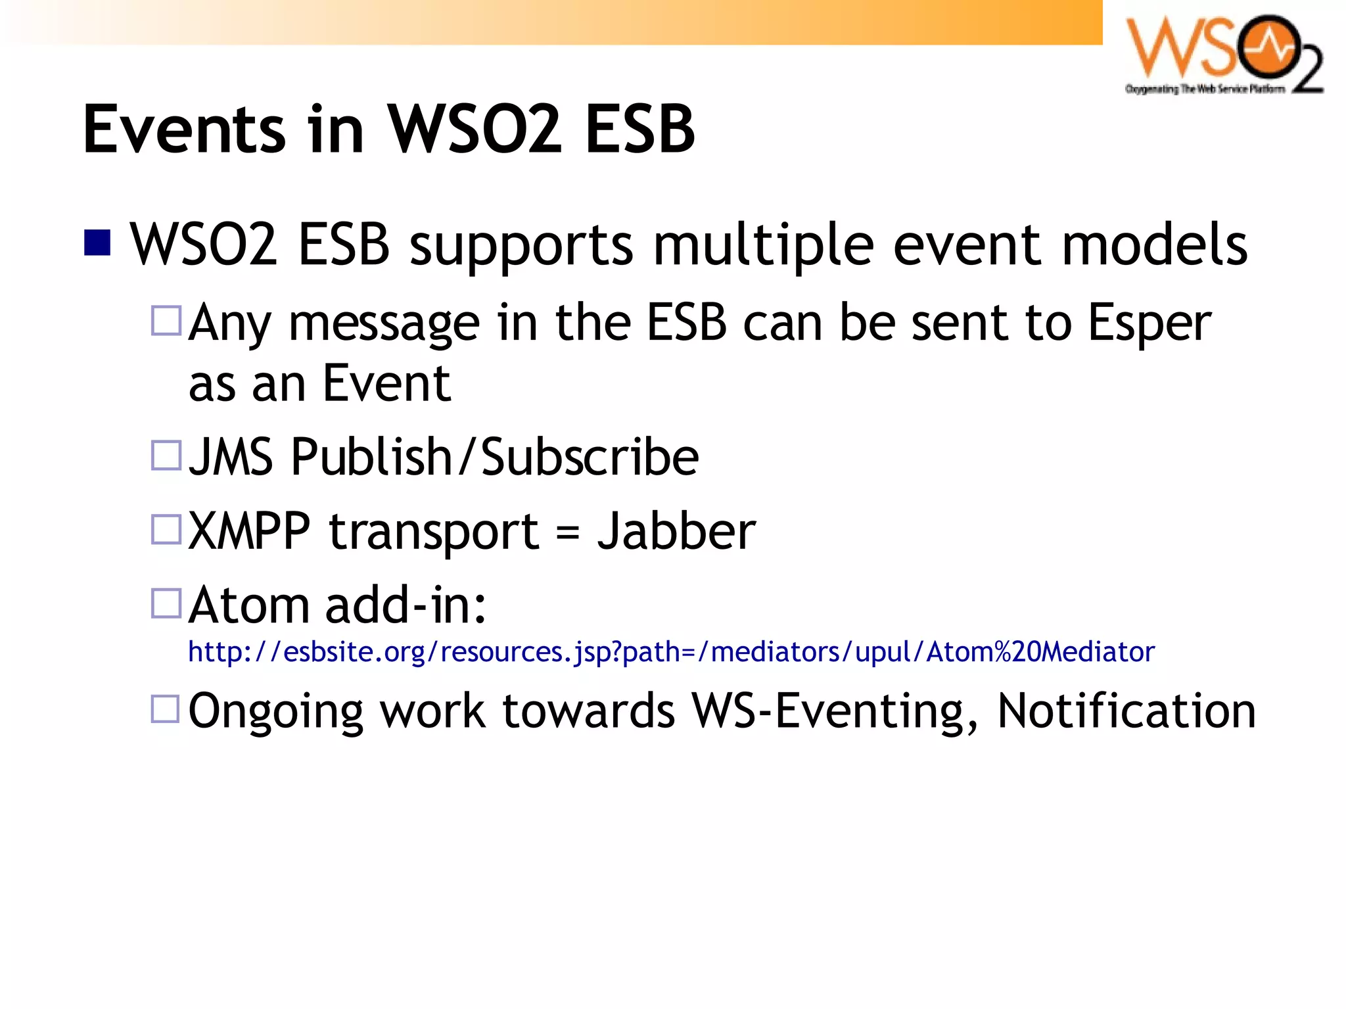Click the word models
1154,245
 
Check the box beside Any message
166,321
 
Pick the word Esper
1149,323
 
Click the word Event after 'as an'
386,384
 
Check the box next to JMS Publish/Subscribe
166,455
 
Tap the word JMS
230,457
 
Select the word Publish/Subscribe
494,457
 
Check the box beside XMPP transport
166,529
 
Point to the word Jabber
676,531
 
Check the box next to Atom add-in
166,603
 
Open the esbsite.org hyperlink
670,652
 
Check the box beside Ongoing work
166,709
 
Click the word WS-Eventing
835,711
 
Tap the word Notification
1126,711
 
